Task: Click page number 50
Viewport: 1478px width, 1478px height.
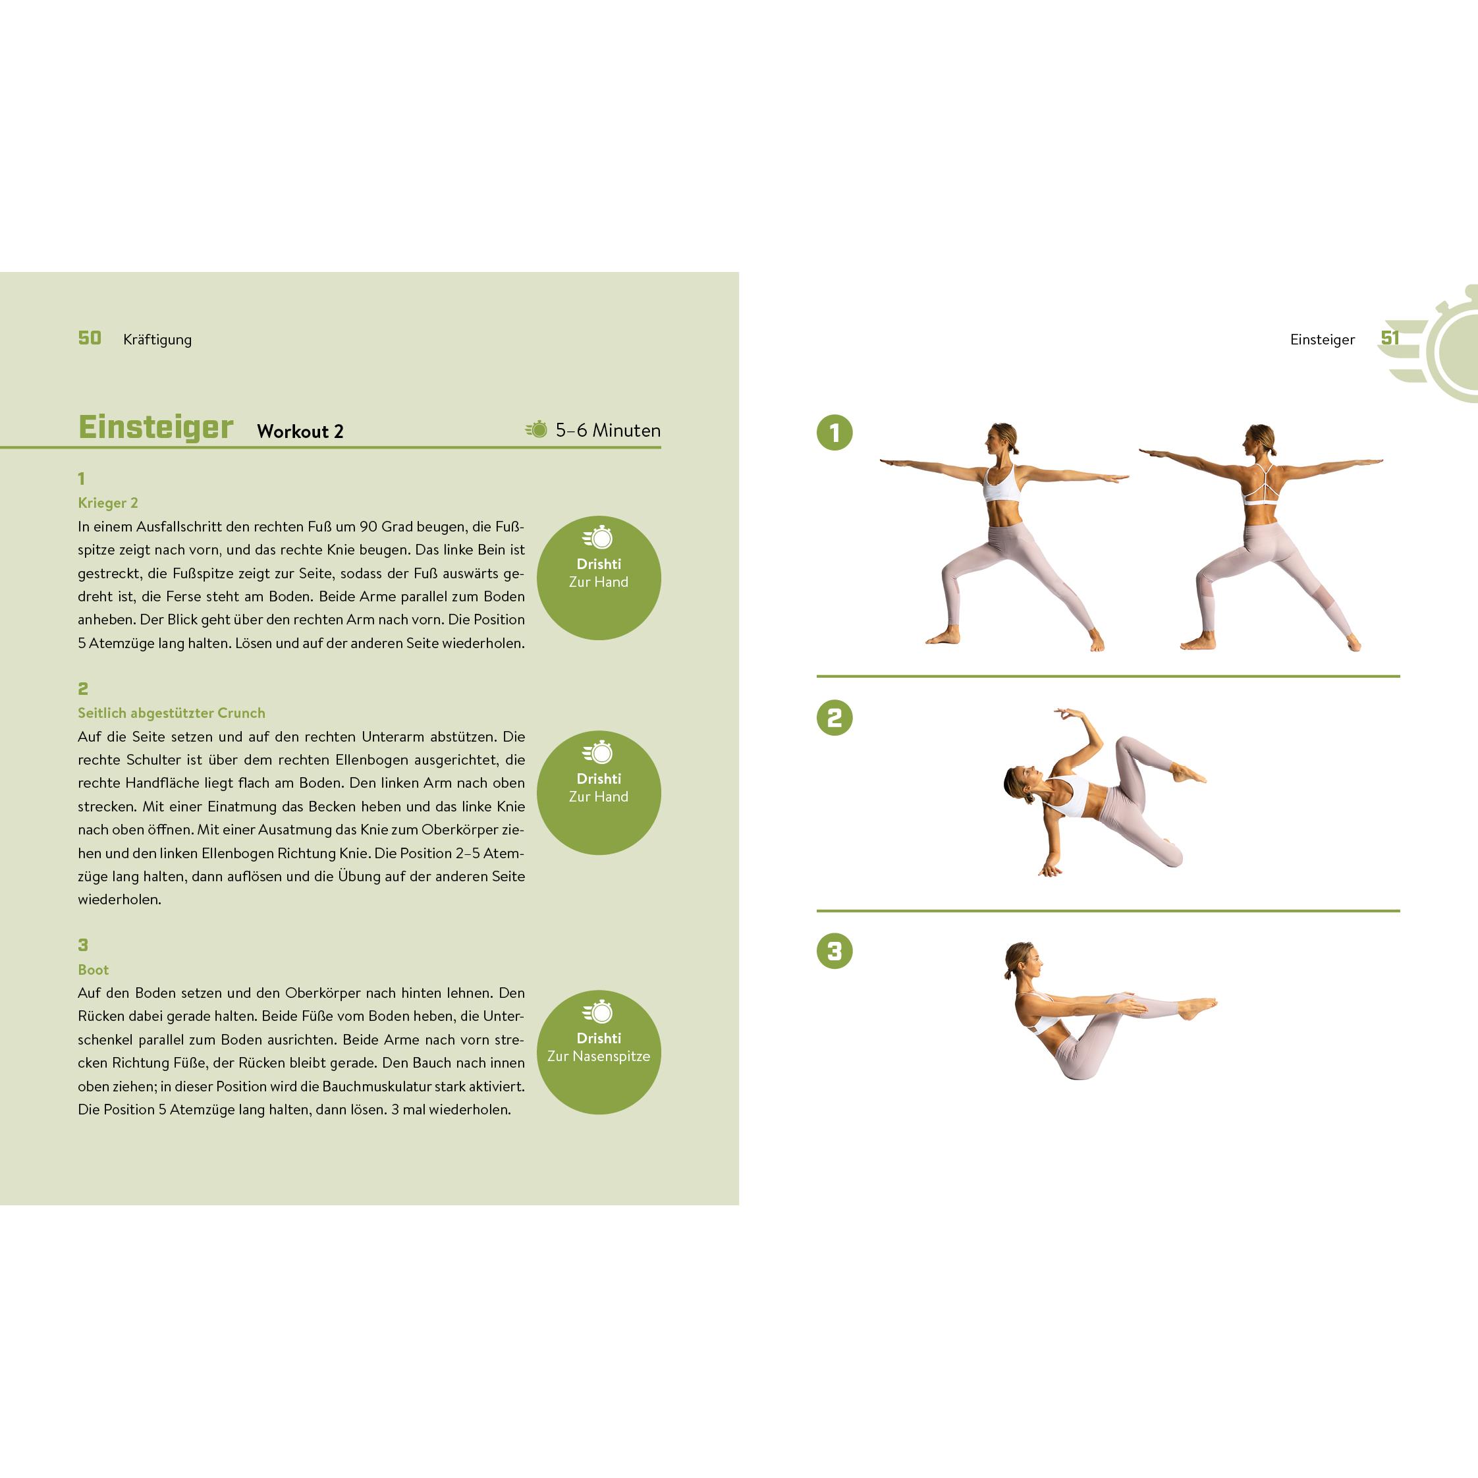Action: click(90, 338)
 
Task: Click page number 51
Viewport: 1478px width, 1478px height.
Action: click(1389, 338)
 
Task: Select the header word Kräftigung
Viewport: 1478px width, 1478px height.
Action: click(157, 340)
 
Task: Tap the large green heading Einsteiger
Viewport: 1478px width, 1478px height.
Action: click(156, 427)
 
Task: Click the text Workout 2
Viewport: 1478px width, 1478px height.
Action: click(300, 431)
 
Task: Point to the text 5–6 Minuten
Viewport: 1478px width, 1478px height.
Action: click(607, 431)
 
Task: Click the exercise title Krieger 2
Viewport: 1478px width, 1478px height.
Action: click(108, 503)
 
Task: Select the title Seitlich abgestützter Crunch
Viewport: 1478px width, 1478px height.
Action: click(171, 713)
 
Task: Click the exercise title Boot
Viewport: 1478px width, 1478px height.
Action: click(94, 970)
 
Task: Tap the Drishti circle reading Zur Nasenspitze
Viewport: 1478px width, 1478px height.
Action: click(598, 1052)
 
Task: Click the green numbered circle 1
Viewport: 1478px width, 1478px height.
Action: click(835, 433)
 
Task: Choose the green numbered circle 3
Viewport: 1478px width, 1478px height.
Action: click(835, 952)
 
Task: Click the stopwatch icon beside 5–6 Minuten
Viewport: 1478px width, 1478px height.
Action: click(537, 429)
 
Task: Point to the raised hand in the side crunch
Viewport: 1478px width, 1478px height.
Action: click(1065, 714)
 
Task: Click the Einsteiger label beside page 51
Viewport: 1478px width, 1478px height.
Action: click(1322, 340)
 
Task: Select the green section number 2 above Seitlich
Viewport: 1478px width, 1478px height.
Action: click(82, 688)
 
